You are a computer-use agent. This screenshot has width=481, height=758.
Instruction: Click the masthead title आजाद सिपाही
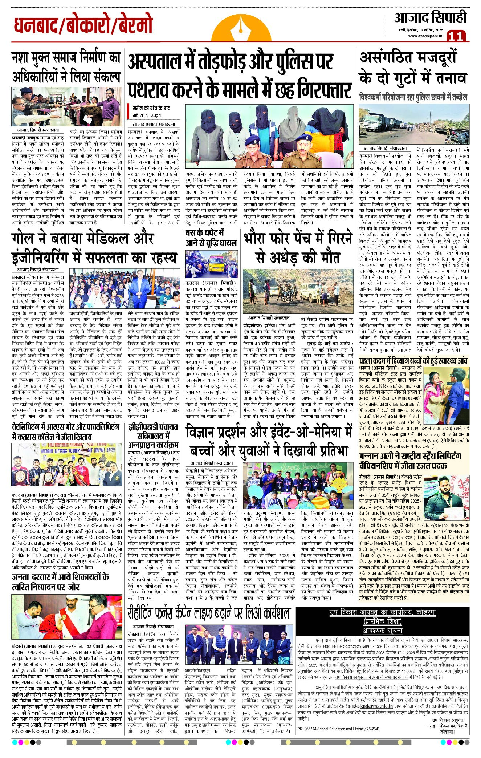pyautogui.click(x=430, y=17)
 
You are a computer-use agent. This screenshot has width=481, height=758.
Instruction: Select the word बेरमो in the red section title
pyautogui.click(x=133, y=26)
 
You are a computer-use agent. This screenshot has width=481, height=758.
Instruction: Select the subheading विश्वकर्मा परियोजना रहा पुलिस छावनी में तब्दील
pyautogui.click(x=413, y=97)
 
